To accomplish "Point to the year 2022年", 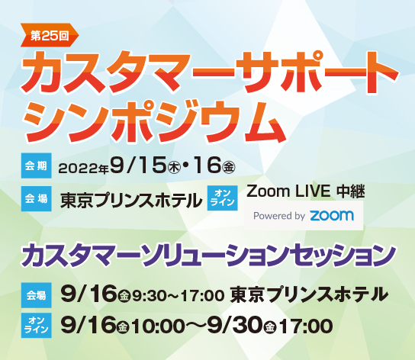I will pyautogui.click(x=84, y=166).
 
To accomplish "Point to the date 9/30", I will pyautogui.click(x=233, y=326).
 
